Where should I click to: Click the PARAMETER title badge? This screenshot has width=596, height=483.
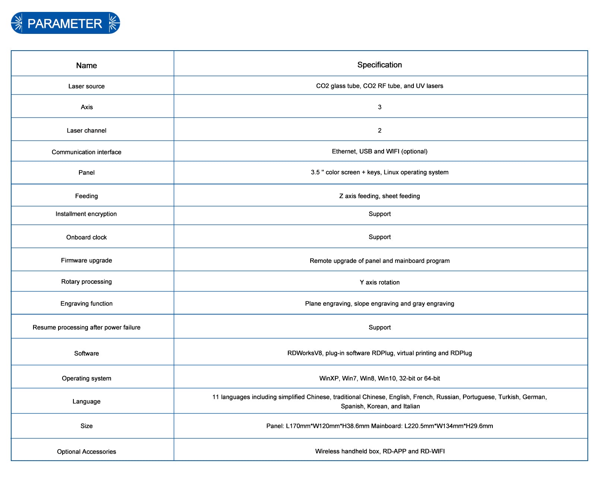pyautogui.click(x=65, y=23)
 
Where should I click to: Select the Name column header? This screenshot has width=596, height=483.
pyautogui.click(x=86, y=65)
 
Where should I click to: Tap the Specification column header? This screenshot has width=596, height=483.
pyautogui.click(x=380, y=65)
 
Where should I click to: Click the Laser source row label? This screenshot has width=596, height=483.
pyautogui.click(x=86, y=86)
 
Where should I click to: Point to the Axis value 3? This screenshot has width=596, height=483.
pyautogui.click(x=380, y=107)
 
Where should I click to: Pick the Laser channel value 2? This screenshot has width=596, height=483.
pyautogui.click(x=380, y=131)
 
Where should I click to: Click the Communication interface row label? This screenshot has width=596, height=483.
pyautogui.click(x=86, y=152)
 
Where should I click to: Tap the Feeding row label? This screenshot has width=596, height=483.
pyautogui.click(x=86, y=196)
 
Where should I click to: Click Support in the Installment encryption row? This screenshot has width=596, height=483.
pyautogui.click(x=380, y=214)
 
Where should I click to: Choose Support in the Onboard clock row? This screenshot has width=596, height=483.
pyautogui.click(x=380, y=237)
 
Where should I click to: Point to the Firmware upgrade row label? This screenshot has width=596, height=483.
pyautogui.click(x=86, y=260)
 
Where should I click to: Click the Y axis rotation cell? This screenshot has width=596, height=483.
pyautogui.click(x=380, y=282)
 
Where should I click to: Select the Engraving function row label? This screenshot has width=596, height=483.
pyautogui.click(x=86, y=304)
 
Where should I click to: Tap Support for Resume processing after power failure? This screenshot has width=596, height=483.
pyautogui.click(x=380, y=327)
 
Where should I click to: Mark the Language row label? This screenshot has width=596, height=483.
pyautogui.click(x=86, y=402)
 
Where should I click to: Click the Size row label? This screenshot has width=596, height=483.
pyautogui.click(x=86, y=426)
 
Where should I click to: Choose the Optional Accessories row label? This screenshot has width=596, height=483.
pyautogui.click(x=86, y=452)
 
